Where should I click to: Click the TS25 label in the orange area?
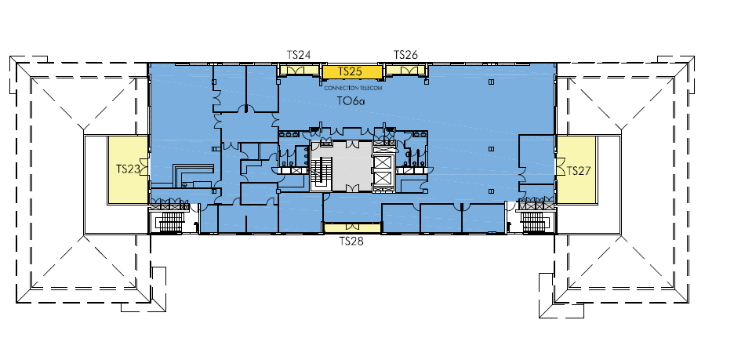click(x=351, y=71)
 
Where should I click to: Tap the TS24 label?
click(x=299, y=55)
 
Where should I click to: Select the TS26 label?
click(x=405, y=55)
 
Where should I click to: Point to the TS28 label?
click(x=351, y=242)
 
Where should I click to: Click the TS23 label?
click(x=128, y=169)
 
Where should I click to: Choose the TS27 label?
click(x=579, y=171)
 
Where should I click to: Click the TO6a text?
click(x=351, y=100)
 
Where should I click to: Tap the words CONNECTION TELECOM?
click(x=354, y=88)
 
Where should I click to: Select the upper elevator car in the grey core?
click(x=383, y=162)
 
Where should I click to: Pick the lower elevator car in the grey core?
click(x=383, y=178)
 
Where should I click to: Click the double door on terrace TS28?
click(x=351, y=227)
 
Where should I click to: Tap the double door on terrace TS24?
click(x=299, y=71)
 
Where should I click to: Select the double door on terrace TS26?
click(x=406, y=71)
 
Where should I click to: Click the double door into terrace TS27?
click(x=559, y=168)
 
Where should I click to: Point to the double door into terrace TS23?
click(x=144, y=166)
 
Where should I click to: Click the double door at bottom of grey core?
click(x=352, y=188)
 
